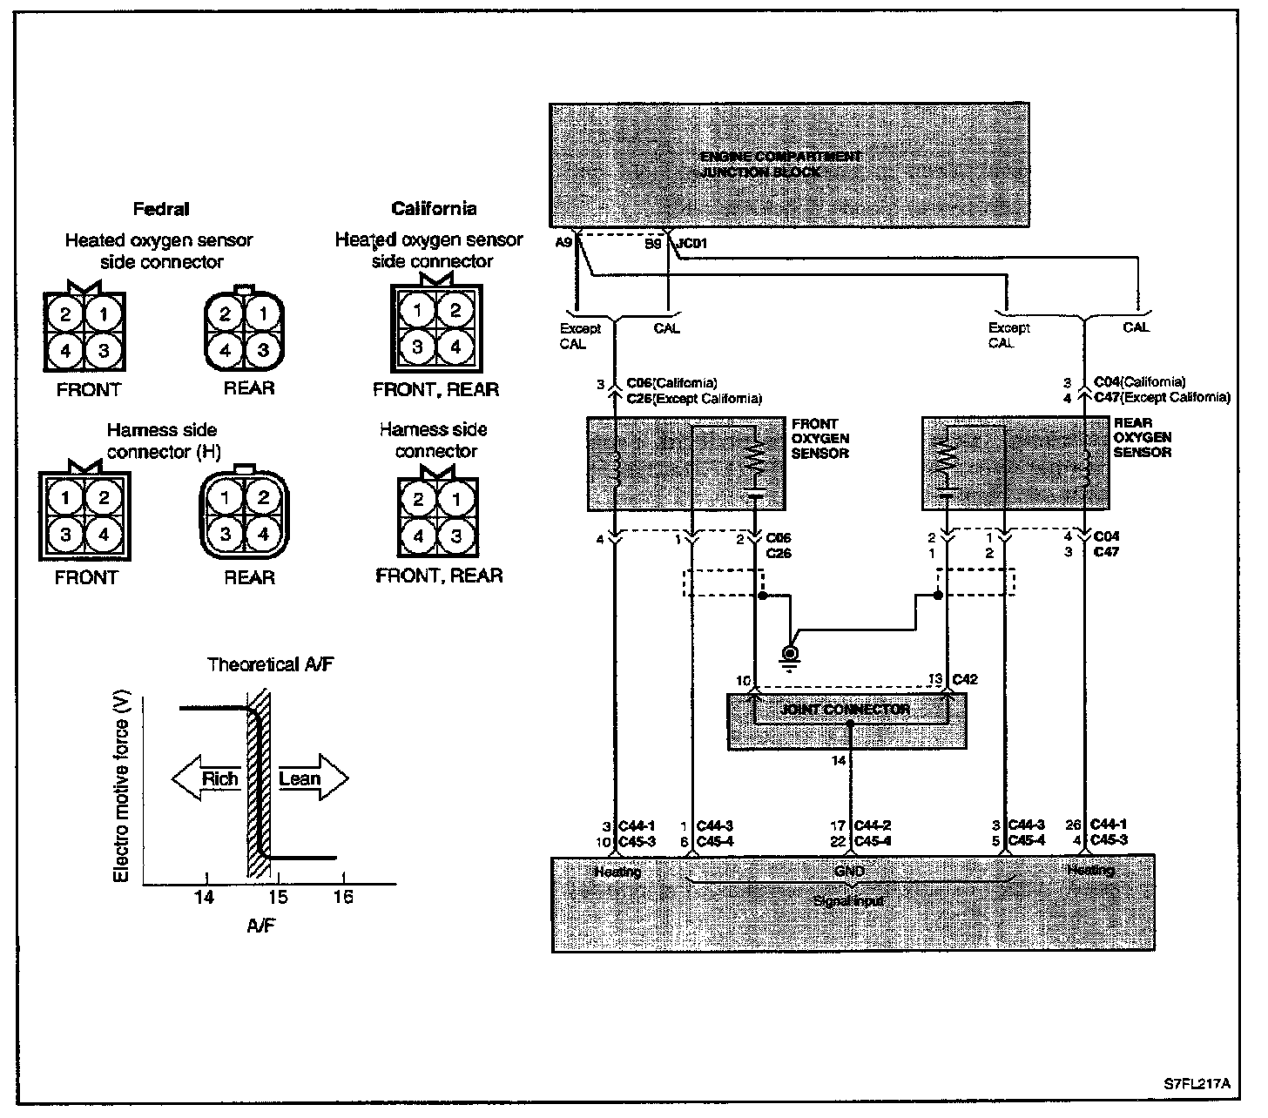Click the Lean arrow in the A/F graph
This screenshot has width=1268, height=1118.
click(307, 778)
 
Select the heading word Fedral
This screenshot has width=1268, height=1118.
click(160, 209)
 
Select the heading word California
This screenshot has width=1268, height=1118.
click(434, 208)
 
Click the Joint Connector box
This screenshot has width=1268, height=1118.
click(846, 721)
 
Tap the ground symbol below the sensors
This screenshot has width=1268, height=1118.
click(791, 656)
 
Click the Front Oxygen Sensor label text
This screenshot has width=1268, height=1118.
click(819, 439)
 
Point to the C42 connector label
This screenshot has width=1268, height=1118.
click(965, 679)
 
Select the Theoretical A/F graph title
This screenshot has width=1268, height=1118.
click(271, 665)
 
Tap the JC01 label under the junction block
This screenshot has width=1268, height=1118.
click(691, 245)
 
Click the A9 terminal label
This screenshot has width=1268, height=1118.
click(563, 244)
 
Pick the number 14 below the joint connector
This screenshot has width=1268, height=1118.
click(838, 761)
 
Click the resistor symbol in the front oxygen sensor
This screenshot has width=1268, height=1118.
click(754, 457)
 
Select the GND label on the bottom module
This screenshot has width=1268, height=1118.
click(849, 871)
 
